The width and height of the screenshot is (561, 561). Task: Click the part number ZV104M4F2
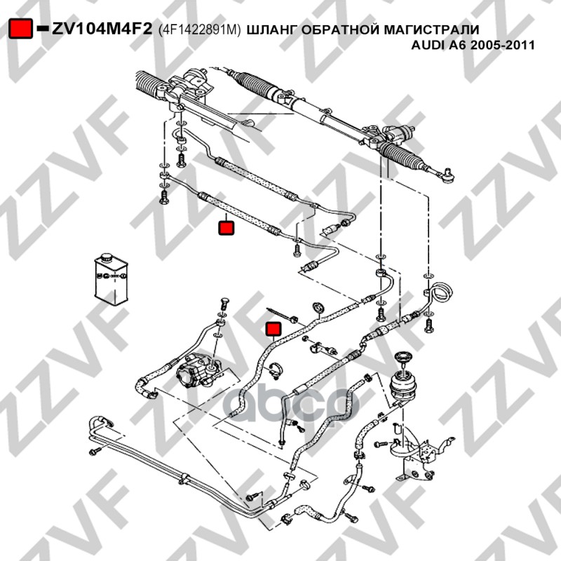102,29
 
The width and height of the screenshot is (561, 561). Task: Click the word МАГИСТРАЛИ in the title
431,29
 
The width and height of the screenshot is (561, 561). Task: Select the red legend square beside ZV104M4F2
21,28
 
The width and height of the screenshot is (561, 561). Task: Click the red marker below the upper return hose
226,228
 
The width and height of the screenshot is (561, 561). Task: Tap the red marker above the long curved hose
273,330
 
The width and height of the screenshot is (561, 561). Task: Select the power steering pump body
198,372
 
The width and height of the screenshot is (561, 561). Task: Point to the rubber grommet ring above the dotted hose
318,308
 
